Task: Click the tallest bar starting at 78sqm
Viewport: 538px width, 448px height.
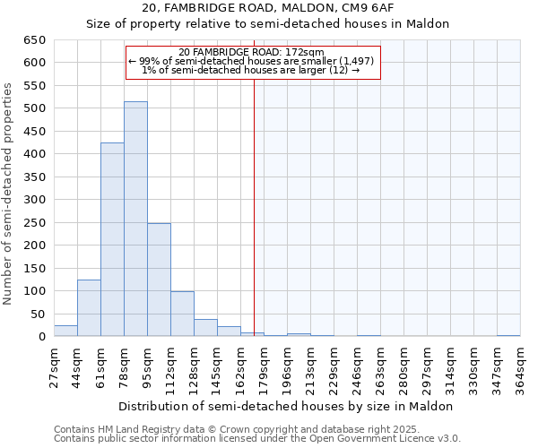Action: click(135, 220)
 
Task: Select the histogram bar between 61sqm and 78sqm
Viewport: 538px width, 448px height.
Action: click(112, 240)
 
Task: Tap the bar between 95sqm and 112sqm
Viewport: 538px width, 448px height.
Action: click(159, 280)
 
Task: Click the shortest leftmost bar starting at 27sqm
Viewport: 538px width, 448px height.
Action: click(65, 331)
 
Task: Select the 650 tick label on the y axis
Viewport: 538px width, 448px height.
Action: click(34, 40)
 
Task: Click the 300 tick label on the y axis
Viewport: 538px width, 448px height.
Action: click(34, 200)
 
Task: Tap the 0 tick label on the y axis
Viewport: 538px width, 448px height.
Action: click(41, 337)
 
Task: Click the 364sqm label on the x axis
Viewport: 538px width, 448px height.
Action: click(520, 367)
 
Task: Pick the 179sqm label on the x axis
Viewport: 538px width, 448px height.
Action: click(264, 367)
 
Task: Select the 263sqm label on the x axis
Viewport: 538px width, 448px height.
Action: click(380, 367)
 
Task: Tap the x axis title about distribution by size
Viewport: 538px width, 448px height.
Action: click(287, 406)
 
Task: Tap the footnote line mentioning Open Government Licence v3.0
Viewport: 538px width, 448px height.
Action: click(257, 439)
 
